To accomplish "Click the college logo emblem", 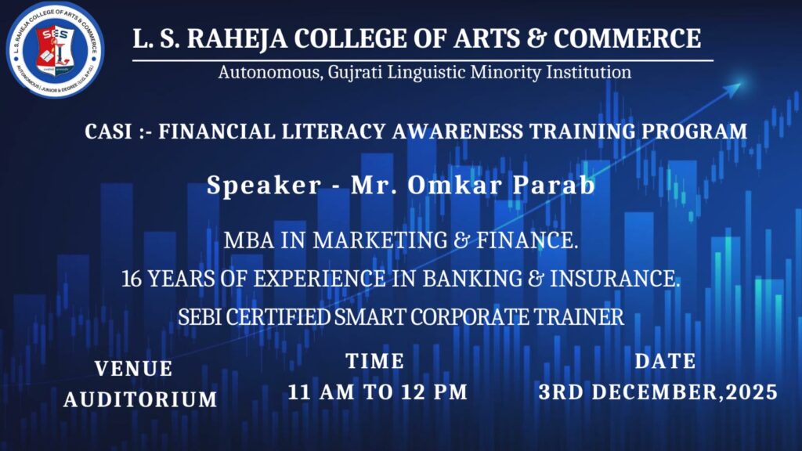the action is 55,49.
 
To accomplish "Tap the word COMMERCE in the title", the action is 627,38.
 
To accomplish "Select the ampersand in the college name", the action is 536,38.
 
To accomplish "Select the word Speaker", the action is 264,185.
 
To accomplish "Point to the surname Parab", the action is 554,185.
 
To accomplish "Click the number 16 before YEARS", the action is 132,279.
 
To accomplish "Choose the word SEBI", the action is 200,317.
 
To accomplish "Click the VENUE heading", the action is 133,369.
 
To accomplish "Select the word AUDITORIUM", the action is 141,399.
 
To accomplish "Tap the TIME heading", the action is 375,361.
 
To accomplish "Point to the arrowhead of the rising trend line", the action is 735,89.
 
